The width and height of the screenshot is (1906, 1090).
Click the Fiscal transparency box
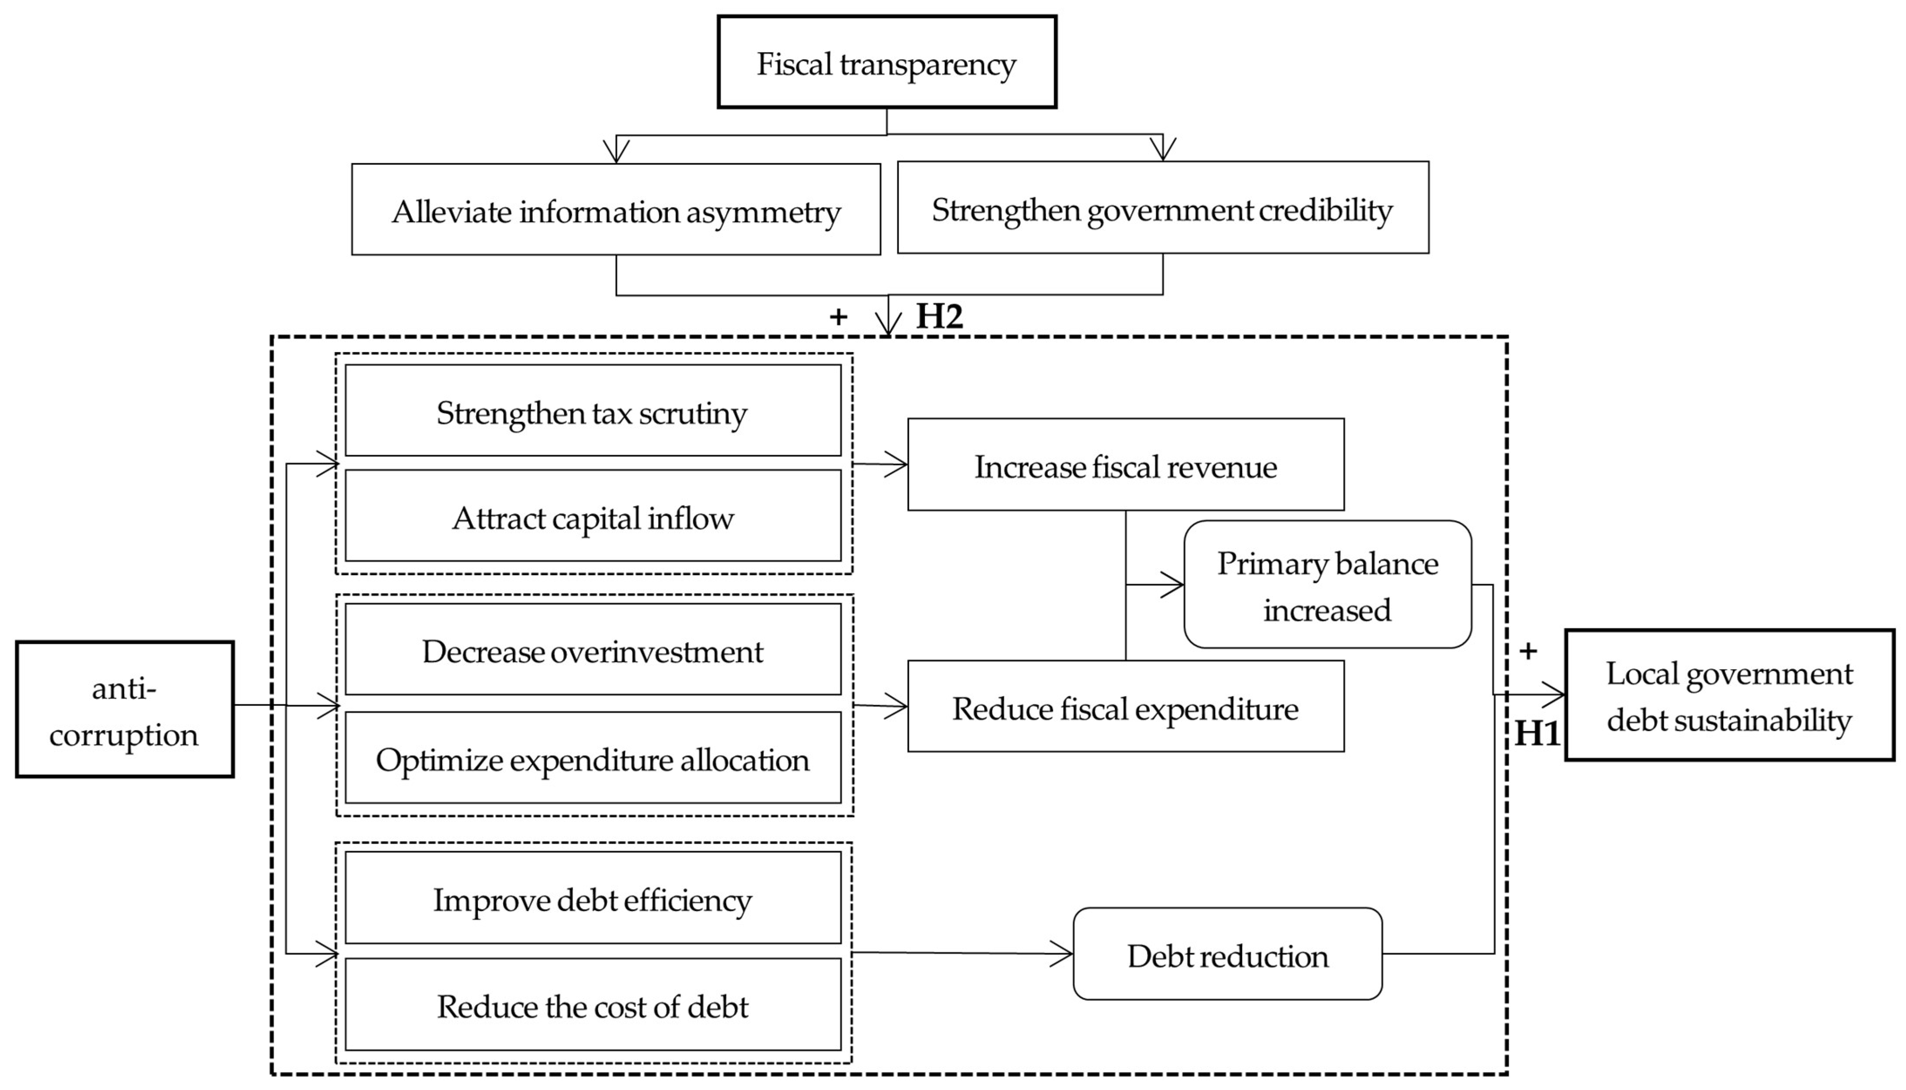coord(887,62)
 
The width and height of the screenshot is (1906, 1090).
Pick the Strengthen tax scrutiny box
coord(592,410)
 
